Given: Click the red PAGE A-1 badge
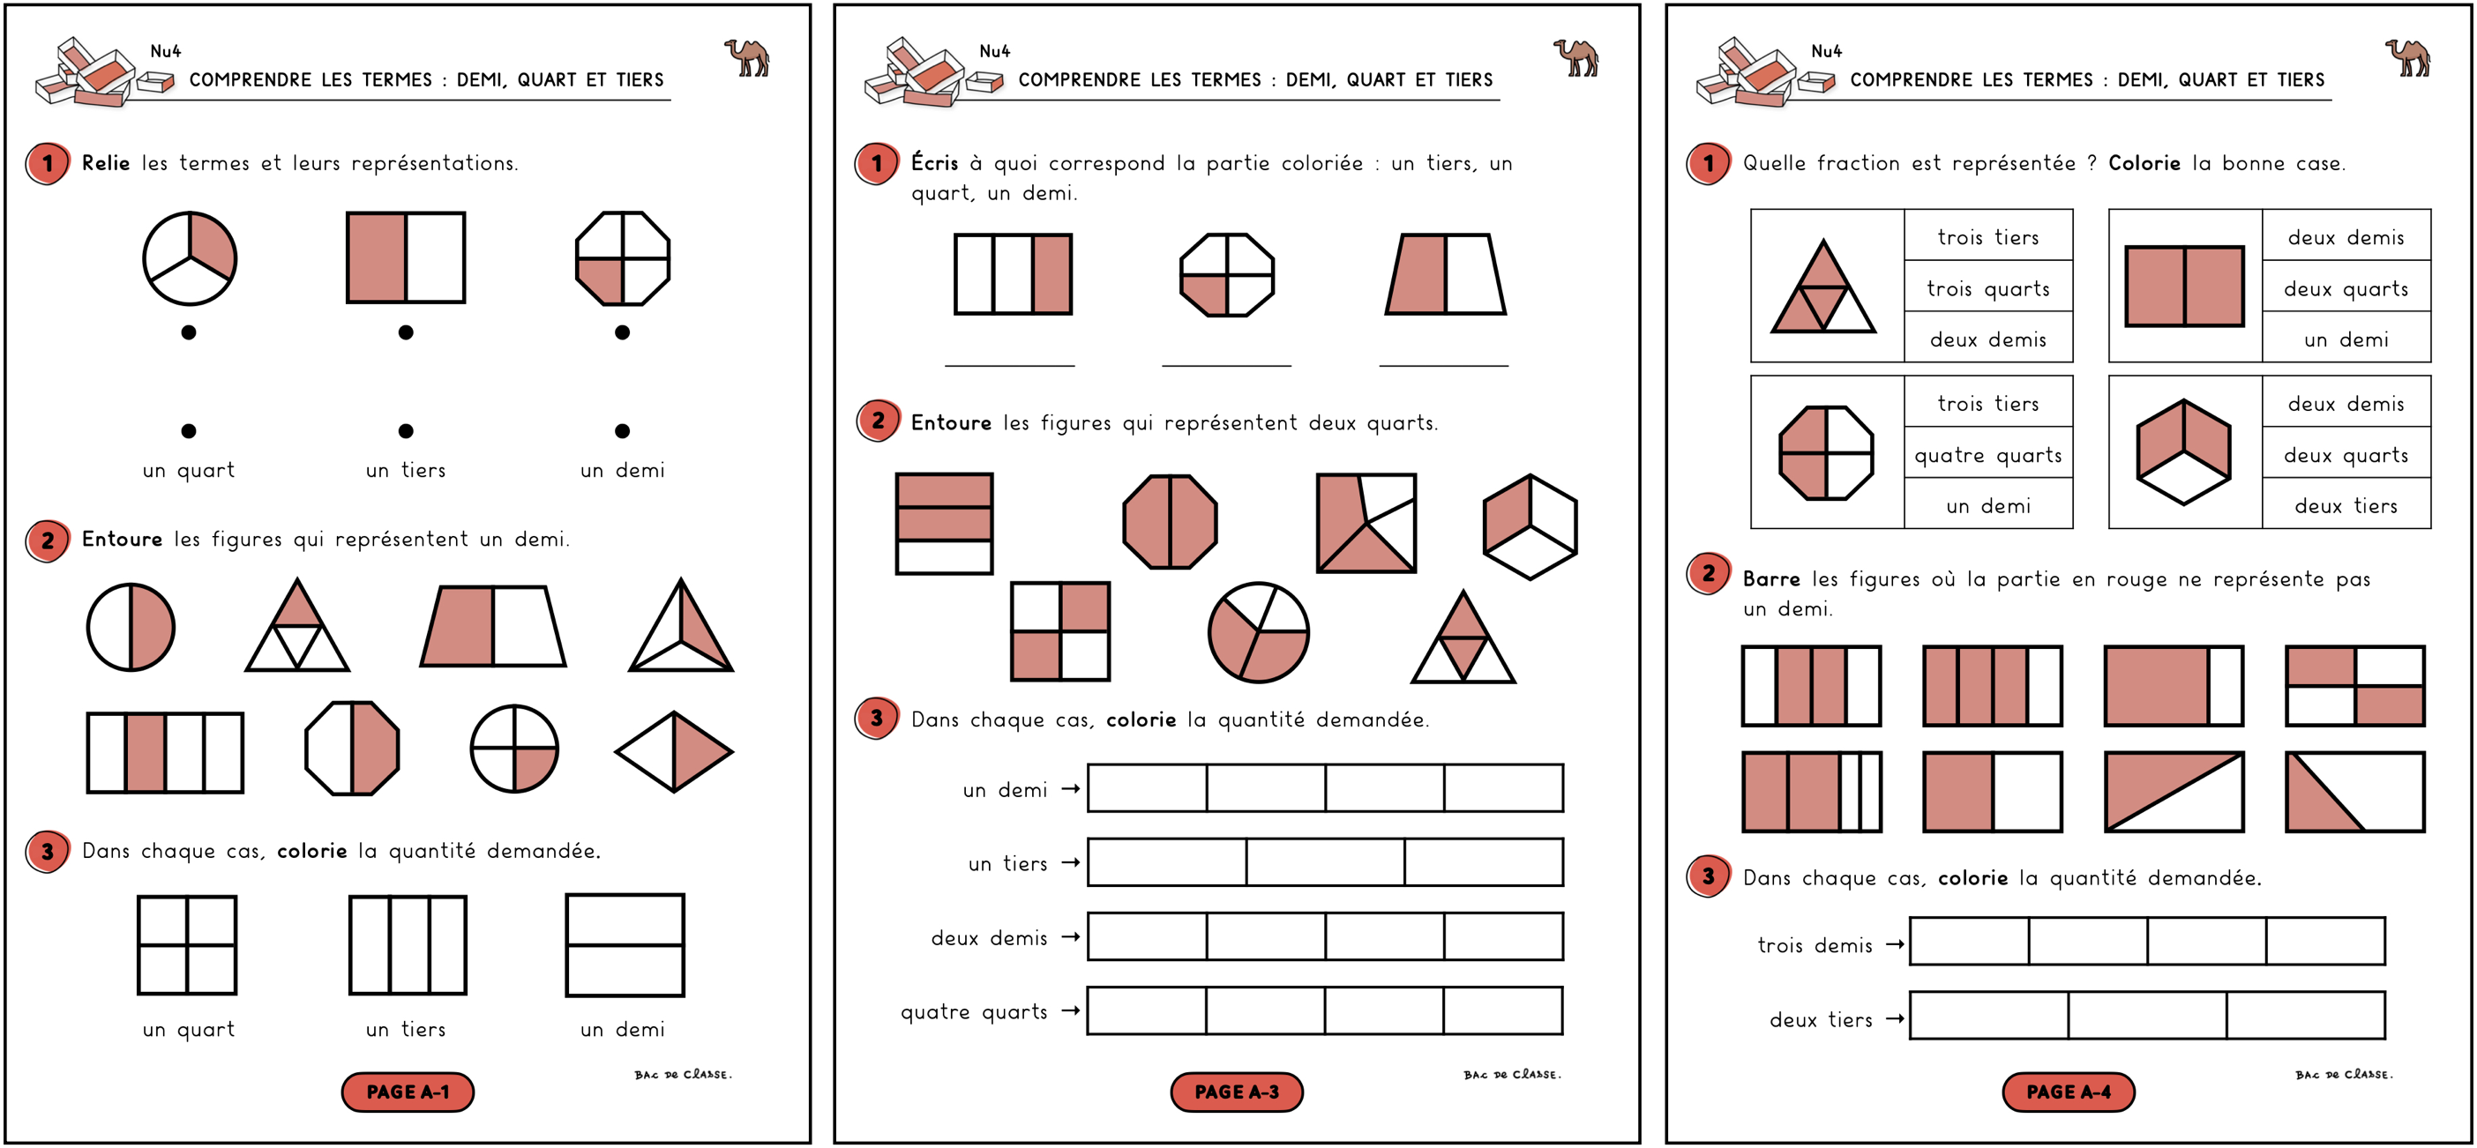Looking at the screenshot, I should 408,1092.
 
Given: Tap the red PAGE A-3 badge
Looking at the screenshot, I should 1237,1092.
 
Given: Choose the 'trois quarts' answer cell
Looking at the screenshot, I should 1987,288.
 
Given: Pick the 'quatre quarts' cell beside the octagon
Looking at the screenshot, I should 1987,455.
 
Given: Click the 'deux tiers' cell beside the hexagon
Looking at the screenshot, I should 2346,506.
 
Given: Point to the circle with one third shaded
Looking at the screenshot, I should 190,257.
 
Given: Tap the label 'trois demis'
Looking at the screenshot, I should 1815,945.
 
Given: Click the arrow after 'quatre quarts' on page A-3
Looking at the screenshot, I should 1070,1010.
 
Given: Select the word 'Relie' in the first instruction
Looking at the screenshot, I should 106,162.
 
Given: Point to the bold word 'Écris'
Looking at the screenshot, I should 935,162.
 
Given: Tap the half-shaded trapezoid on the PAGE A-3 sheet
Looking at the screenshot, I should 1445,274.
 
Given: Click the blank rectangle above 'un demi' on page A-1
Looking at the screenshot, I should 625,945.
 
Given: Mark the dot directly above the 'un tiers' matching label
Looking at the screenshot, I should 406,431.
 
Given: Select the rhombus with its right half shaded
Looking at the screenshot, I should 674,752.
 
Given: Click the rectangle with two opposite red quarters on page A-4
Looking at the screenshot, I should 2355,685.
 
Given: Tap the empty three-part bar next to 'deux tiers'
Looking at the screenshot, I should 2146,1016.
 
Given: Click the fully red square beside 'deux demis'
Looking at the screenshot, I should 2184,286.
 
